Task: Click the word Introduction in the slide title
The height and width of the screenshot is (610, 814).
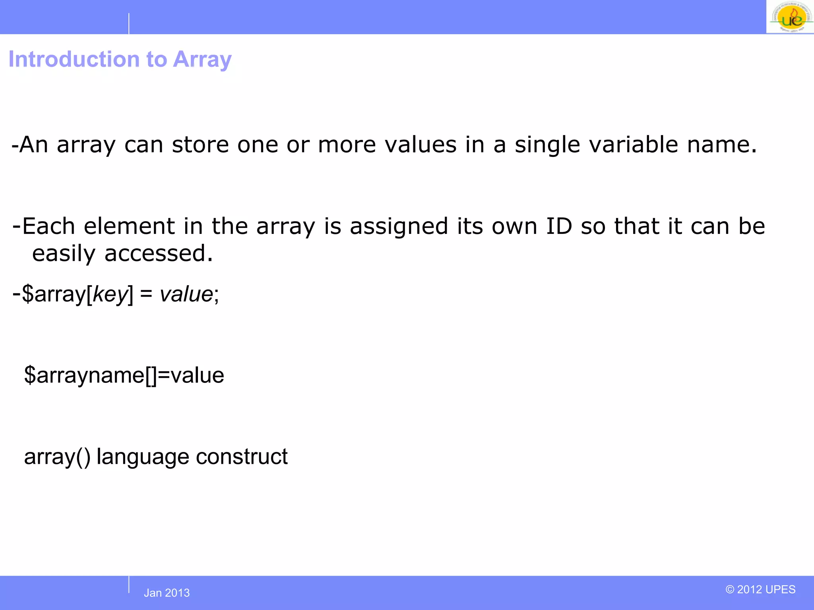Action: click(74, 60)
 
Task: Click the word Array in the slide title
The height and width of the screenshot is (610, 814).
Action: click(202, 60)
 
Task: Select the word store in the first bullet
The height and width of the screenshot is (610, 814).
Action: click(200, 144)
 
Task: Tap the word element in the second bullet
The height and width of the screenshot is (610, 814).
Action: click(129, 226)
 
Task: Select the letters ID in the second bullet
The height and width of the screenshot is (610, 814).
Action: click(559, 226)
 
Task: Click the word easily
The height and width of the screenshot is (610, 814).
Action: click(64, 254)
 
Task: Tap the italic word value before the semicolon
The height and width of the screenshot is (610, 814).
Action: click(186, 294)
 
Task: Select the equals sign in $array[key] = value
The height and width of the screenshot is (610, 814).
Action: click(146, 294)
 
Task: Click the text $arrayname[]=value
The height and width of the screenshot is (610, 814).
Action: click(124, 375)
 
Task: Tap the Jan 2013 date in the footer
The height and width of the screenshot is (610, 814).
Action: click(167, 593)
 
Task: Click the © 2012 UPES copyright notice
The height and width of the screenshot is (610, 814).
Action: click(760, 589)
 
